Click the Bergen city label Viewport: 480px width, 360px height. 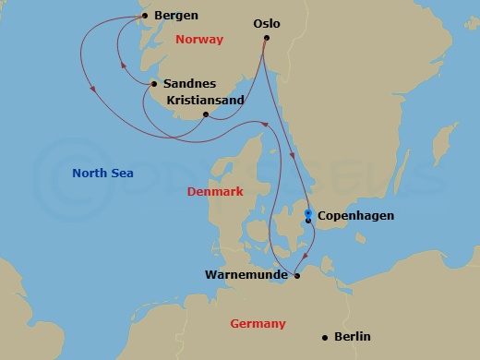[176, 16]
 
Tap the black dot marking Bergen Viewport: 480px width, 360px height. [144, 16]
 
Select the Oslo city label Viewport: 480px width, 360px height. [266, 23]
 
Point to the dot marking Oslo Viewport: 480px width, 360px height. [266, 39]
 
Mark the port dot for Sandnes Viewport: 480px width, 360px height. [153, 84]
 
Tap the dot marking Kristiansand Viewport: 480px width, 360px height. [205, 115]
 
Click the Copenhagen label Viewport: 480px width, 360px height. [355, 216]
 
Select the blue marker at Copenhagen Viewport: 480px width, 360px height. [307, 213]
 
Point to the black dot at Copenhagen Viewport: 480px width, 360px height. [307, 221]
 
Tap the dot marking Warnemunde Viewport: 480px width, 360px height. [297, 275]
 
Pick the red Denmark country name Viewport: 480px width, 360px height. [215, 192]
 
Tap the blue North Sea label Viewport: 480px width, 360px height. [102, 173]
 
